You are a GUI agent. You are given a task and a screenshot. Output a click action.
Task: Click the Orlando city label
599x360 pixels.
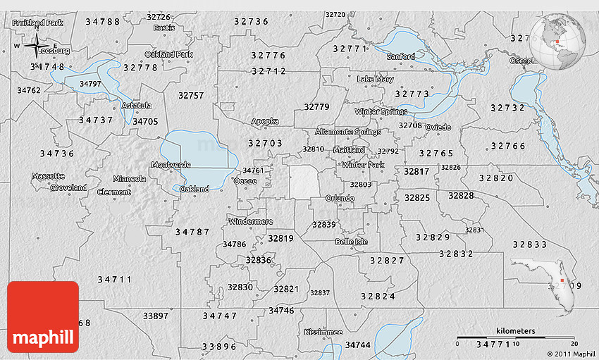(x=340, y=199)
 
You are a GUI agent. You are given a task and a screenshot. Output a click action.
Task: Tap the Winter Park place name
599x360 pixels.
(x=363, y=165)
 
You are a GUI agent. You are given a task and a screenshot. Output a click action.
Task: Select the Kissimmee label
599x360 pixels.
(x=323, y=332)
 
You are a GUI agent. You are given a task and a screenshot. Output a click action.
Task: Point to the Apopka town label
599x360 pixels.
(x=265, y=121)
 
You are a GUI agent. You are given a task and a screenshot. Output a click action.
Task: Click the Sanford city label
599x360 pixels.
(x=401, y=56)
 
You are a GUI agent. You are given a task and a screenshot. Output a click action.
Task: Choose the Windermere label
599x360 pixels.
(x=251, y=221)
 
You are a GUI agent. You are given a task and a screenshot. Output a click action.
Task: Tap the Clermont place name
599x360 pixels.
(x=113, y=192)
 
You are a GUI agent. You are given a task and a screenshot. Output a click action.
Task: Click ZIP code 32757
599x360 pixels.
(x=191, y=95)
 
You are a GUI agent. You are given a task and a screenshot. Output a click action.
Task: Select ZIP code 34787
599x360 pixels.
(x=192, y=232)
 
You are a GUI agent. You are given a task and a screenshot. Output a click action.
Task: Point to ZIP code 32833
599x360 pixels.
(x=529, y=244)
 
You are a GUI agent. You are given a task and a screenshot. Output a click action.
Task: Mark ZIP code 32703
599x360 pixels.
(x=265, y=143)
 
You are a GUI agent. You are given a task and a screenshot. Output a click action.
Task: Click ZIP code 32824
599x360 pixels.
(x=378, y=297)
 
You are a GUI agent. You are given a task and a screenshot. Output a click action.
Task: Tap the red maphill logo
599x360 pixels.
(x=43, y=317)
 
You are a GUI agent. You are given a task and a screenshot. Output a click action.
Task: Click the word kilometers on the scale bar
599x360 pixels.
(x=515, y=331)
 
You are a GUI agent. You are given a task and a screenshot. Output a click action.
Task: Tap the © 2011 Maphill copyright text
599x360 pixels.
(x=570, y=354)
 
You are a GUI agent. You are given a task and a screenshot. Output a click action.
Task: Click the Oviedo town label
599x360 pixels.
(x=438, y=128)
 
